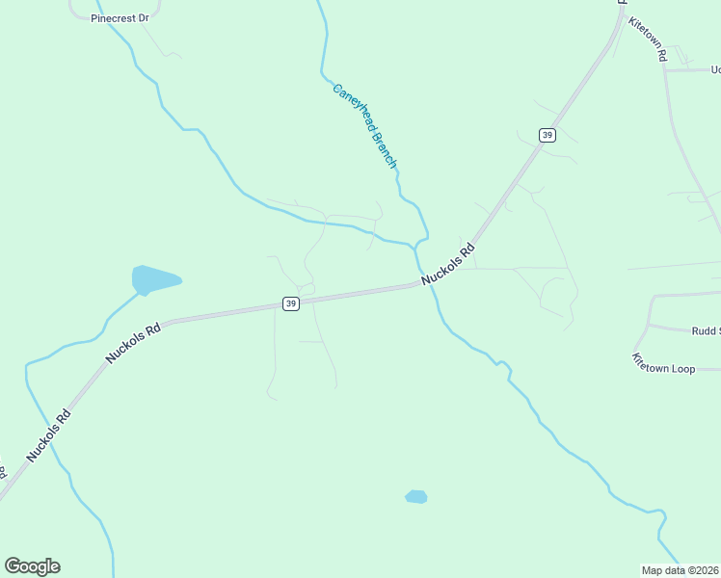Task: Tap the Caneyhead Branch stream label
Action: pyautogui.click(x=364, y=126)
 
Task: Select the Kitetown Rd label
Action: pyautogui.click(x=648, y=39)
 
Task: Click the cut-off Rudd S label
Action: pyautogui.click(x=705, y=330)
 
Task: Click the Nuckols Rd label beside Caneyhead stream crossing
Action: pyautogui.click(x=448, y=265)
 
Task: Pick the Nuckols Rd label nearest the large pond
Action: pyautogui.click(x=133, y=343)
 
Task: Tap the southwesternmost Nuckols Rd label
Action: pyautogui.click(x=49, y=436)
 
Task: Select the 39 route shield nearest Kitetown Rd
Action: pyautogui.click(x=547, y=135)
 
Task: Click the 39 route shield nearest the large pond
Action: pyautogui.click(x=291, y=303)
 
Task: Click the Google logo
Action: pyautogui.click(x=32, y=566)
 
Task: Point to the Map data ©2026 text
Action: pyautogui.click(x=681, y=569)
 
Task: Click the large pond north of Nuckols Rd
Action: pyautogui.click(x=153, y=280)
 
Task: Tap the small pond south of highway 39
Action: pyautogui.click(x=415, y=497)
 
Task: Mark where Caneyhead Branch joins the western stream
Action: pyautogui.click(x=416, y=245)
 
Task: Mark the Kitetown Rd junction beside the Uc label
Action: pyautogui.click(x=666, y=70)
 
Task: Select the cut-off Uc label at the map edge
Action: pyautogui.click(x=714, y=69)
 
